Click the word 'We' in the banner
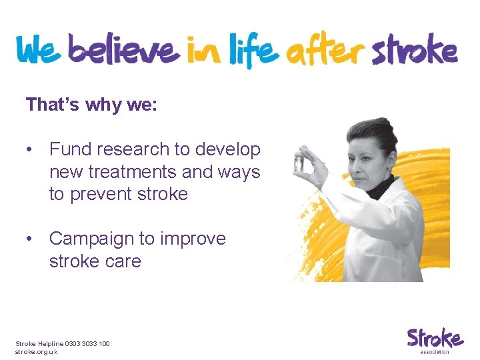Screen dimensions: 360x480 point(39,51)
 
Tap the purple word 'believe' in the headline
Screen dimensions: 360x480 point(123,50)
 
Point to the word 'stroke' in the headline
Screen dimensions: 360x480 point(415,51)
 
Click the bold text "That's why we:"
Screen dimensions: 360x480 point(91,105)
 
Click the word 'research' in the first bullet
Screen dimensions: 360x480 point(133,149)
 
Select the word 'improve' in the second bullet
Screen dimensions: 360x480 point(193,239)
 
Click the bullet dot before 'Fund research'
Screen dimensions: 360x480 point(31,150)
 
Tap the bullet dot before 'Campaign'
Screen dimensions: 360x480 point(31,239)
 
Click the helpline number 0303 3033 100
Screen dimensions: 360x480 point(87,343)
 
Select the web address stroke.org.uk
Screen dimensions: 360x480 point(37,351)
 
